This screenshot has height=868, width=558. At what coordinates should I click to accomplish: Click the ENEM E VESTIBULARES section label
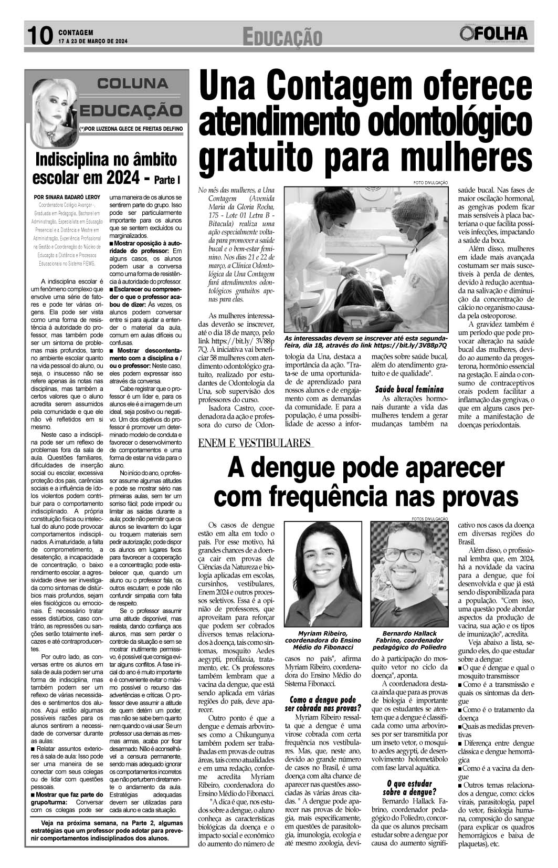tap(256, 444)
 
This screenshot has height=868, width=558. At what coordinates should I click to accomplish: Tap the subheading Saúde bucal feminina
tap(409, 389)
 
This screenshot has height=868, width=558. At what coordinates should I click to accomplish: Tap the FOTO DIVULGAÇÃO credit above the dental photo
tap(431, 182)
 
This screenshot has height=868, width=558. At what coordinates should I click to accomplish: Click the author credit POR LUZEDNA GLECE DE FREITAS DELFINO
tap(131, 128)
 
